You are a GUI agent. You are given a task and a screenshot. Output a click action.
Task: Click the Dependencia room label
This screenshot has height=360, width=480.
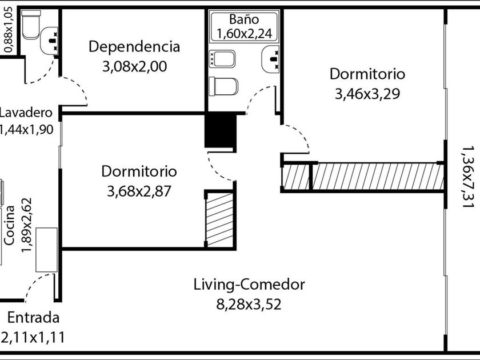point(134,47)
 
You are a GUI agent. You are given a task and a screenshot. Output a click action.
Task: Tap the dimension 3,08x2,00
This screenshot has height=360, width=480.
point(134,66)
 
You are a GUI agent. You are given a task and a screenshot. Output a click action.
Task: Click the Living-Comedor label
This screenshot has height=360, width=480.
point(249,284)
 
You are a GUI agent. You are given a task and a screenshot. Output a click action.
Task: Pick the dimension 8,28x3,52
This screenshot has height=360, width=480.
point(249,303)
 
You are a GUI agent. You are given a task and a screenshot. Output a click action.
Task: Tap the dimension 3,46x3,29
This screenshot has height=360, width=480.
point(367,94)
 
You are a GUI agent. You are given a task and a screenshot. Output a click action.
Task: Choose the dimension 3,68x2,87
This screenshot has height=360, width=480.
point(139,191)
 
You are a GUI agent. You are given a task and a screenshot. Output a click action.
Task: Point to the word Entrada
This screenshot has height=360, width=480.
point(33,318)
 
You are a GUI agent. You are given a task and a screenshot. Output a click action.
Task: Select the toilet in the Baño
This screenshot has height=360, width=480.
point(223,86)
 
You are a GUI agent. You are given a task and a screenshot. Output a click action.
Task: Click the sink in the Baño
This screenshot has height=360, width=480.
point(271,59)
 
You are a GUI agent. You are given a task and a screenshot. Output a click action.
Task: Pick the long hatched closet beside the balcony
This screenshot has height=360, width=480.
point(377,177)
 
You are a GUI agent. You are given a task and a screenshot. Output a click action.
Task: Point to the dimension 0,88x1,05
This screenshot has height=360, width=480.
point(8,29)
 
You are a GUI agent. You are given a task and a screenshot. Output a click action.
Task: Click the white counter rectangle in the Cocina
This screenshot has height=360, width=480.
point(46,250)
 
